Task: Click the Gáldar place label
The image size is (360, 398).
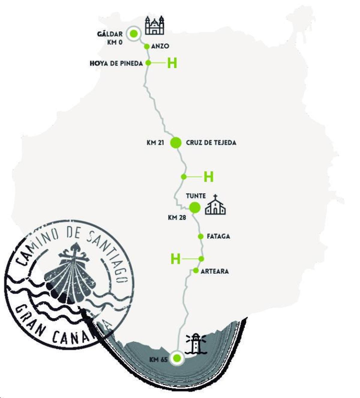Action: (110, 34)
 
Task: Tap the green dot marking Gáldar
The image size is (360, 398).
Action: (133, 34)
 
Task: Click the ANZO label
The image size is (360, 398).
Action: (160, 46)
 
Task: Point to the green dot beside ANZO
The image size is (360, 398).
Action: (147, 47)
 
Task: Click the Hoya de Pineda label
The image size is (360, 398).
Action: (116, 64)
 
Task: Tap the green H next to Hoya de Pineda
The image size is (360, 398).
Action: (172, 63)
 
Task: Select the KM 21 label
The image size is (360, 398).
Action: (155, 143)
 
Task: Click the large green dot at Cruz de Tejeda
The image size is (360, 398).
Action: (176, 143)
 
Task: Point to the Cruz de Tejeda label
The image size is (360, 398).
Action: (211, 143)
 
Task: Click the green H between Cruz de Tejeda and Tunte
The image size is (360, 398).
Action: (208, 177)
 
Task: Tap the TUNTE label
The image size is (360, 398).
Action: (196, 196)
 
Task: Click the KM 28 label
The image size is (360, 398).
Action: (177, 218)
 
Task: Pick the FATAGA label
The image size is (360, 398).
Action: (218, 236)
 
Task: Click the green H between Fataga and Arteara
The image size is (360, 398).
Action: (175, 259)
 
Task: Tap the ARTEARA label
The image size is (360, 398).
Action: (214, 271)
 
